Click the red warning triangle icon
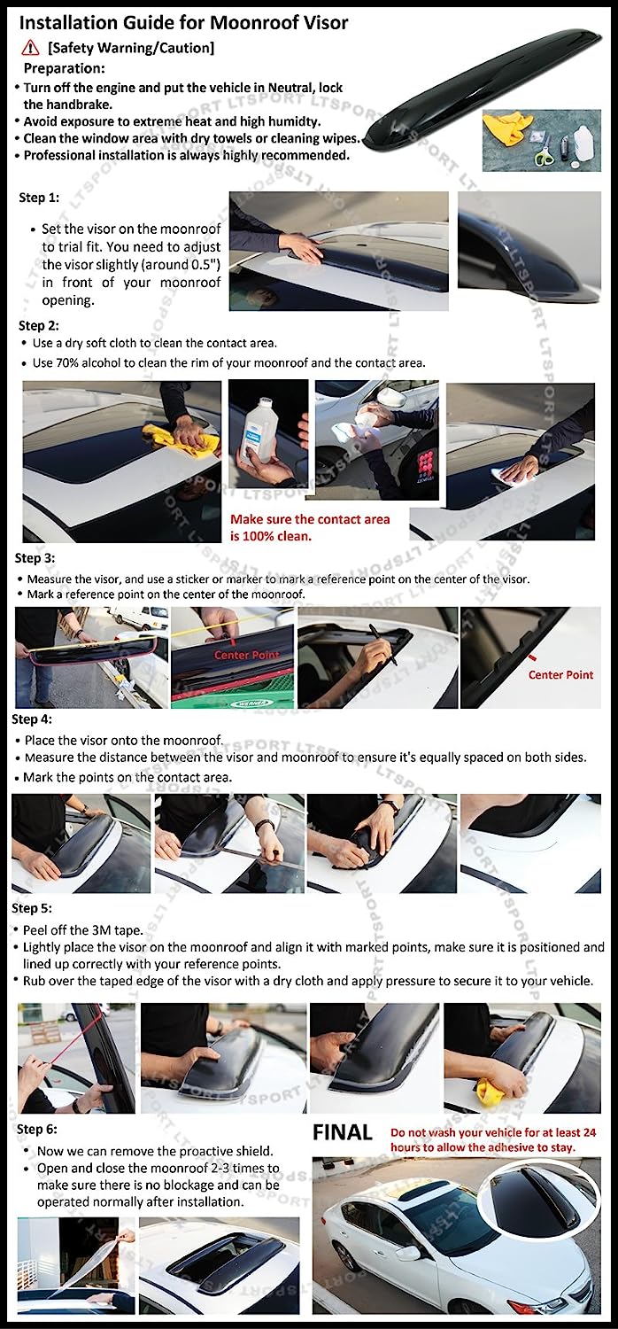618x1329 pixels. pos(30,48)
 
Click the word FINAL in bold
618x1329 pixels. pos(343,1132)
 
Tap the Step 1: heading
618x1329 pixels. pos(39,198)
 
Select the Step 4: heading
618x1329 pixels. pos(32,719)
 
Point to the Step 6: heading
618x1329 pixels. pos(37,1129)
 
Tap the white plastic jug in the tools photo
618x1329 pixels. pos(585,146)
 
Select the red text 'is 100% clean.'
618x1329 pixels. pos(270,536)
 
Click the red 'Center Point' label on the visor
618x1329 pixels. pos(247,655)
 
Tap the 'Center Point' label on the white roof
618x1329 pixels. pos(560,674)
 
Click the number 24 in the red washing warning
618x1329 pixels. pos(589,1132)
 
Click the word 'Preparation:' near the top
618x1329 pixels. pos(64,68)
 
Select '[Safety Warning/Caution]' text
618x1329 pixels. pos(131,48)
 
